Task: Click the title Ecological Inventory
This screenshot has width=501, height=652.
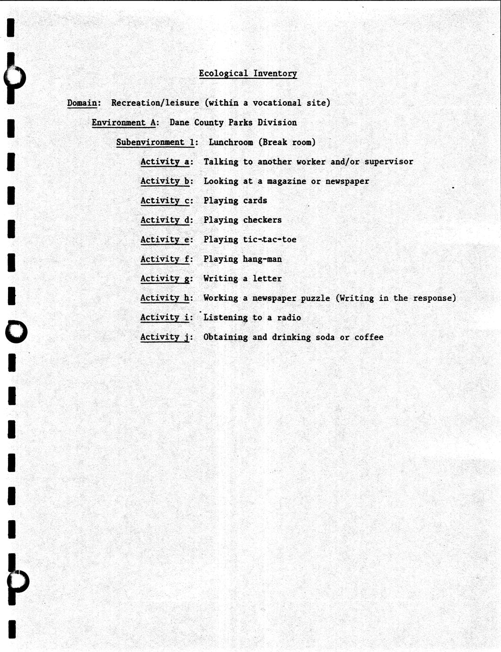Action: pyautogui.click(x=247, y=73)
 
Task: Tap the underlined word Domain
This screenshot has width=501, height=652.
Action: pyautogui.click(x=82, y=103)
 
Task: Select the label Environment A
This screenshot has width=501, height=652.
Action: pyautogui.click(x=123, y=122)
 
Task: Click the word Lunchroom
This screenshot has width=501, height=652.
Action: pyautogui.click(x=230, y=142)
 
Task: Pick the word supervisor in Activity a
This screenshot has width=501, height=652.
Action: pyautogui.click(x=388, y=162)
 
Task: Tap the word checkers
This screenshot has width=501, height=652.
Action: pyautogui.click(x=262, y=220)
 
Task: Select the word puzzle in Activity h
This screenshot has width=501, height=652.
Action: pyautogui.click(x=316, y=298)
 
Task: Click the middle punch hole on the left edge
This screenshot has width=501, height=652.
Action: pyautogui.click(x=16, y=332)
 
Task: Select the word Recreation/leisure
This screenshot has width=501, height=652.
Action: pyautogui.click(x=155, y=103)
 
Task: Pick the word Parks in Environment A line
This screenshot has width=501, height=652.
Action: pyautogui.click(x=240, y=122)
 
